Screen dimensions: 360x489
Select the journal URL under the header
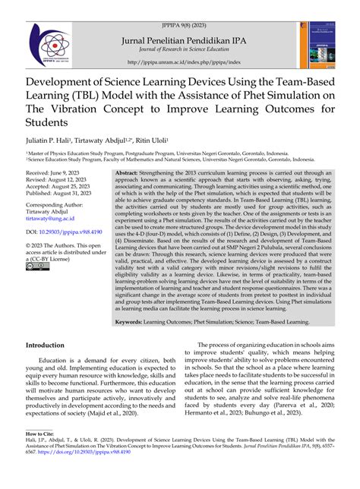click(x=180, y=62)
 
